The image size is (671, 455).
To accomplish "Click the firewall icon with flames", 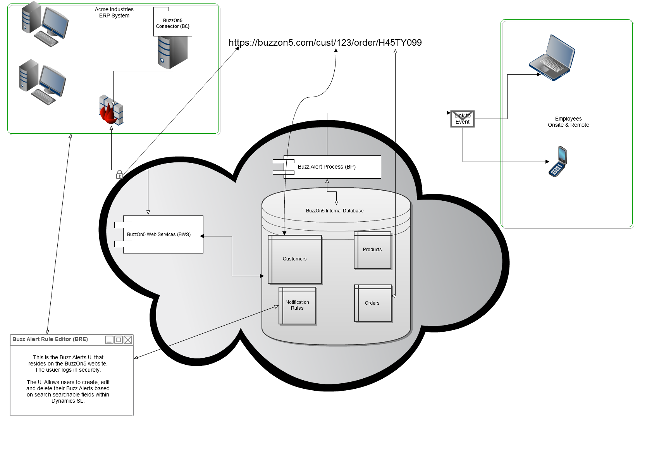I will click(x=111, y=110).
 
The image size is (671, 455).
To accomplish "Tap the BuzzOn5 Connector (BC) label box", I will click(x=173, y=24).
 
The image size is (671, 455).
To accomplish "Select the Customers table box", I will click(x=295, y=259).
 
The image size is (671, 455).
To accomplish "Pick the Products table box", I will click(x=372, y=250).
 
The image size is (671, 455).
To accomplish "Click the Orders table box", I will click(x=372, y=303).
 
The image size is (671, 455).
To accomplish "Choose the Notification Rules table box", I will click(x=297, y=305).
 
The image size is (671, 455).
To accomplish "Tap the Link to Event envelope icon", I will click(x=463, y=119).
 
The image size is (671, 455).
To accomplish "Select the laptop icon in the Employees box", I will click(x=552, y=58).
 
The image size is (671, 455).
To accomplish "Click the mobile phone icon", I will click(x=558, y=162).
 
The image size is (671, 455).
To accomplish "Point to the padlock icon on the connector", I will click(x=120, y=175).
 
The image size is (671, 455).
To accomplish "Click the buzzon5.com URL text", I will click(x=325, y=43).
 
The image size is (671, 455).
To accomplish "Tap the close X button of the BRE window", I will click(x=128, y=340).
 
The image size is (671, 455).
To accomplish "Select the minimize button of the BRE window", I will click(x=109, y=340).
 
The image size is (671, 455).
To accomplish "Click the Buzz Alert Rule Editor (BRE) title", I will click(x=50, y=340).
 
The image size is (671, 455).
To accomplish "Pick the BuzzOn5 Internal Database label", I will click(x=335, y=211).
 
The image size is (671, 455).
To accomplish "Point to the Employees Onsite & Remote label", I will click(x=568, y=122).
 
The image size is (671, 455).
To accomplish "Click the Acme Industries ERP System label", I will click(x=114, y=12).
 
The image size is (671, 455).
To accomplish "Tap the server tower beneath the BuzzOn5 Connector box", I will click(x=173, y=52).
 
